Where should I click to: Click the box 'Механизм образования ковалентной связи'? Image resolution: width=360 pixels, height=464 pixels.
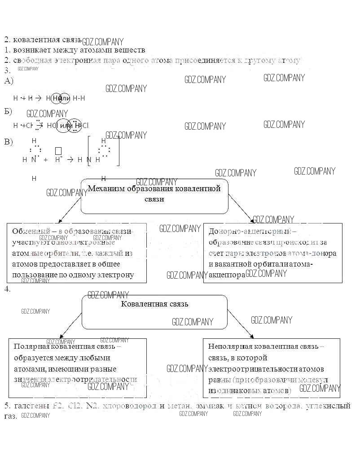coord(154,196)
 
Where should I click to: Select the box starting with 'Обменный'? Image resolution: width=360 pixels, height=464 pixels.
coord(76,253)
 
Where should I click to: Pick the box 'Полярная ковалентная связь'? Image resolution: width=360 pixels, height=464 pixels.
coord(77,368)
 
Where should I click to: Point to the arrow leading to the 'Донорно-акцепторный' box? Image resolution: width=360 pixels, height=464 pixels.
coord(241,209)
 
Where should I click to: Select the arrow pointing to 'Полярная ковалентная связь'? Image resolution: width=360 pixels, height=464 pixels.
coord(70,324)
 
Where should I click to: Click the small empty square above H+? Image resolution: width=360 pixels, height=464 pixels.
coord(58,150)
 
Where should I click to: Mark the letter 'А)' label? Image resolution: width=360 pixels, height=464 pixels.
coord(9,81)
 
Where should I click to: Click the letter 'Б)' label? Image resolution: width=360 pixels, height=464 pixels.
coord(8,111)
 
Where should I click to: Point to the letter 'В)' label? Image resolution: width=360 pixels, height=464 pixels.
coord(9,142)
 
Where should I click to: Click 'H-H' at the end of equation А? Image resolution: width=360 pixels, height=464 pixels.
coord(79,98)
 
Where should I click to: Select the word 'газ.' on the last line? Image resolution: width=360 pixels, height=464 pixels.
coord(10,416)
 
